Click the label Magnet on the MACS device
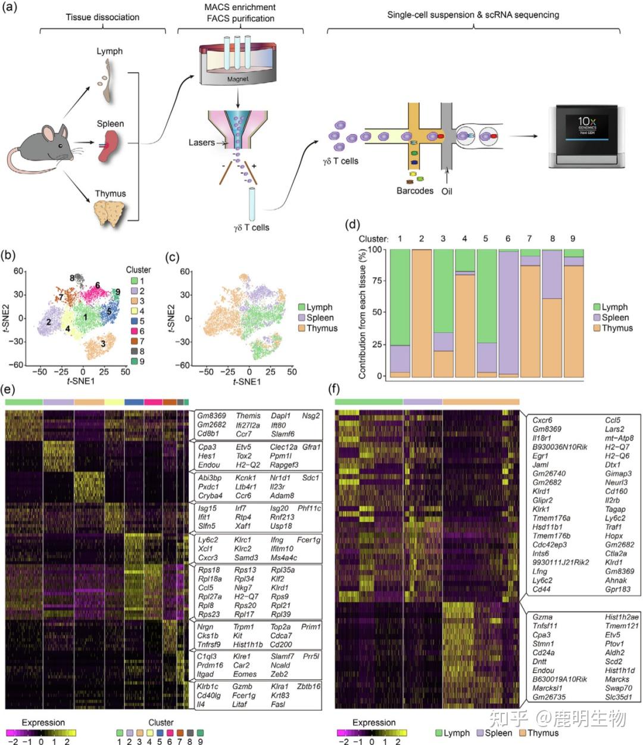tap(237, 79)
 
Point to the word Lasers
tap(201, 143)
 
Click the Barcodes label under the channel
tap(415, 191)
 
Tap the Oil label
tap(447, 191)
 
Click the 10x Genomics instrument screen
tap(586, 127)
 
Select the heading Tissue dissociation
tap(102, 17)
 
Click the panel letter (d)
tap(353, 225)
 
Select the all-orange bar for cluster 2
tap(421, 313)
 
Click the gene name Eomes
tap(245, 674)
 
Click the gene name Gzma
tap(542, 617)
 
